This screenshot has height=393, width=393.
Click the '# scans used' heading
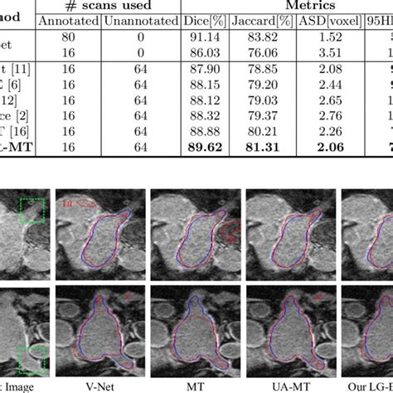coord(104,4)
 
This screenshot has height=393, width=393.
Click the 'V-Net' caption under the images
coord(97,386)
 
